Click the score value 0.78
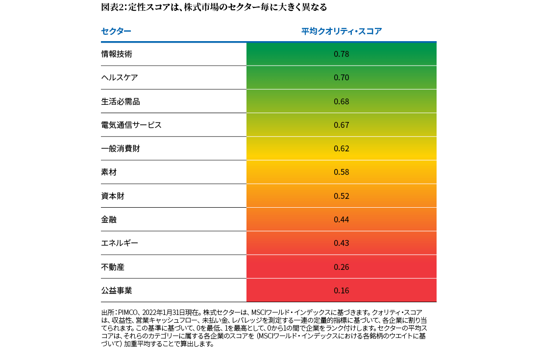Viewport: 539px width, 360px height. (x=341, y=54)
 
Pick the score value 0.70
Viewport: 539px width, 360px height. (x=341, y=77)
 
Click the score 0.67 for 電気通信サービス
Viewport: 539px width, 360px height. (x=341, y=125)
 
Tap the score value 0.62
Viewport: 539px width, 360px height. (x=341, y=148)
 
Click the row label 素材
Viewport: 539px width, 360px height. (x=109, y=172)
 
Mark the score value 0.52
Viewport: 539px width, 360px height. (x=341, y=196)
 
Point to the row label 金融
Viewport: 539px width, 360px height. (x=109, y=219)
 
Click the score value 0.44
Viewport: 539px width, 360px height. (x=341, y=219)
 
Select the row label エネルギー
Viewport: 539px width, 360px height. (x=120, y=243)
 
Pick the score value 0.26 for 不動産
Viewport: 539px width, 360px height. (x=341, y=267)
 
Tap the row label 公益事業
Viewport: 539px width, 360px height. (x=117, y=290)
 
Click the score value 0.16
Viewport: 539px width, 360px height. (x=341, y=290)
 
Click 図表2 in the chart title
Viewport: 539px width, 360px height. (x=112, y=7)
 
